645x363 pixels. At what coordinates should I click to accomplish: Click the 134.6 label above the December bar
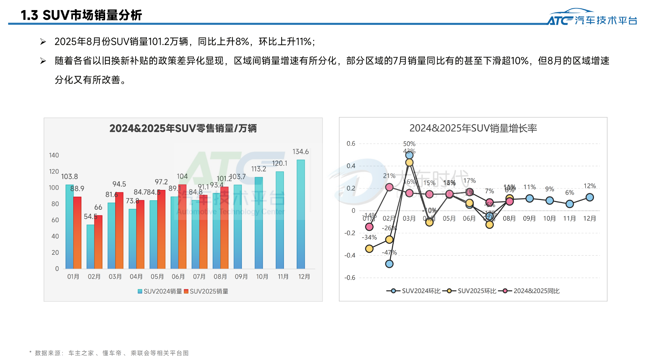click(300, 152)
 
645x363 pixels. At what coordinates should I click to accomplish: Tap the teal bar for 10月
click(259, 223)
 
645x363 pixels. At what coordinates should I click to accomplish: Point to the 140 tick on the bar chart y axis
click(54, 155)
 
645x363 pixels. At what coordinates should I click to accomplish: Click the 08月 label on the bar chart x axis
click(220, 277)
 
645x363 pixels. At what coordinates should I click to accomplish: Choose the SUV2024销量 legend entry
click(160, 291)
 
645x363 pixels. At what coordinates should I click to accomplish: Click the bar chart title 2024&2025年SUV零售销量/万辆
click(183, 128)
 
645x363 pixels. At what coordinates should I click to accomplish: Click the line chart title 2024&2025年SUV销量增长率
click(473, 128)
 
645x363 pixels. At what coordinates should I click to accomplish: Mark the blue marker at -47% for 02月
click(389, 264)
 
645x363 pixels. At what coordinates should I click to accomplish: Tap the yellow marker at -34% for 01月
click(369, 249)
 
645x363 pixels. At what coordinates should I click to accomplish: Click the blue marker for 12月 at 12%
click(590, 197)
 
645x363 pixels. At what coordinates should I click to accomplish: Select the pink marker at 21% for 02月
click(389, 187)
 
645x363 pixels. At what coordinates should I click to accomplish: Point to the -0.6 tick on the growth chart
click(350, 278)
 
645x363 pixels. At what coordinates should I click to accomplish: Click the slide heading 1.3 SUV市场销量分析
click(81, 15)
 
